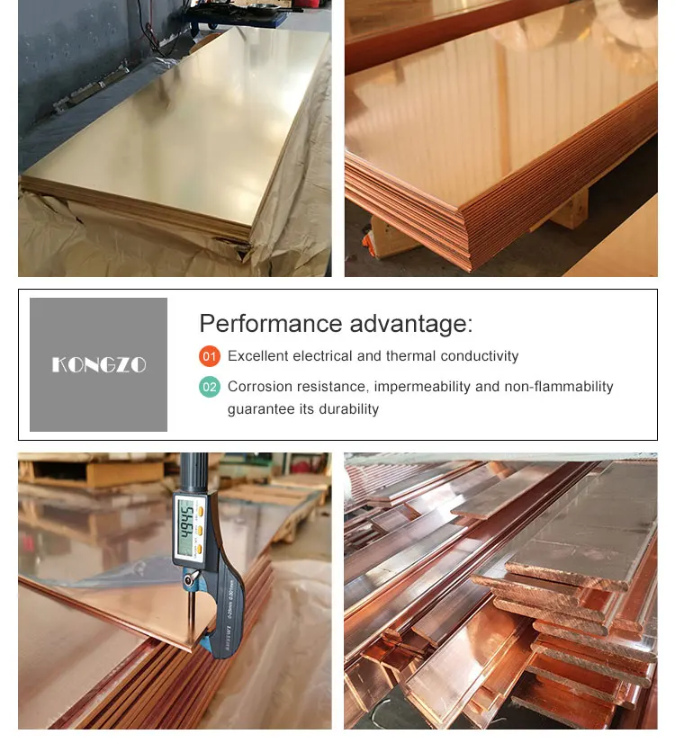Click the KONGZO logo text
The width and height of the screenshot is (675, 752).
pyautogui.click(x=99, y=365)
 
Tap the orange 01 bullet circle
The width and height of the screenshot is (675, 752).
pyautogui.click(x=210, y=356)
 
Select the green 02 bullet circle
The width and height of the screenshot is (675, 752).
pyautogui.click(x=210, y=387)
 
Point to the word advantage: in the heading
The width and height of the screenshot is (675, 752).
pyautogui.click(x=411, y=324)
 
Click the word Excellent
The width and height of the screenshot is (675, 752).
pyautogui.click(x=258, y=356)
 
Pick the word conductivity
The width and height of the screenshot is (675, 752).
pyautogui.click(x=480, y=356)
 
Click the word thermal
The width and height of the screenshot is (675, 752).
pyautogui.click(x=410, y=356)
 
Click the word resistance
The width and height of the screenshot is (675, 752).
pyautogui.click(x=332, y=387)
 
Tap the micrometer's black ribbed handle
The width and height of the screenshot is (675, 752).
pyautogui.click(x=193, y=472)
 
